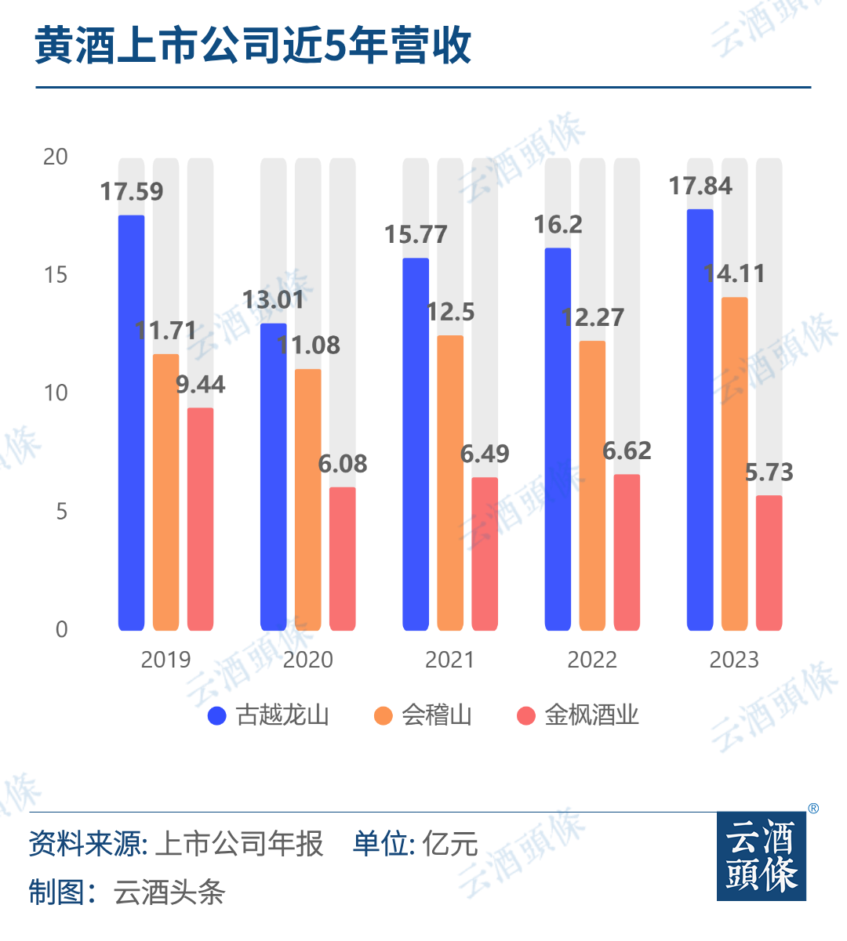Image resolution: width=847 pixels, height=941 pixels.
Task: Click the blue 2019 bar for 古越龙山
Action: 132,423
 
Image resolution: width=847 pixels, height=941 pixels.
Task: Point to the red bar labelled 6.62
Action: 627,552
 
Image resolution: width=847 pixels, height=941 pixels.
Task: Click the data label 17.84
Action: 700,186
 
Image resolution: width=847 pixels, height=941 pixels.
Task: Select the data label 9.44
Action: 200,385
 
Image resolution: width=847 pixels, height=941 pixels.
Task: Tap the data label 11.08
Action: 308,346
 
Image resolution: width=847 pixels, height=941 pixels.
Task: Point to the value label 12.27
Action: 593,318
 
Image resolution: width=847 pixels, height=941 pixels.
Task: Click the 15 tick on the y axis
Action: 56,275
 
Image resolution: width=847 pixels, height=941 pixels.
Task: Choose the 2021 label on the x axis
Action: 449,660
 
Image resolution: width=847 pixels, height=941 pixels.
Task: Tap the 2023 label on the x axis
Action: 734,660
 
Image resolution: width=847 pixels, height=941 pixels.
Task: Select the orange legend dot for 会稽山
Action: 384,715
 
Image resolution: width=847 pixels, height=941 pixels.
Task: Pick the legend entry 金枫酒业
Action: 591,715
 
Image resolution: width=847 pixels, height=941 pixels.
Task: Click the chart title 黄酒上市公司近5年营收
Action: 253,45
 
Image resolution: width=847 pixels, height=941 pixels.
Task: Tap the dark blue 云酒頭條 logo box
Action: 761,856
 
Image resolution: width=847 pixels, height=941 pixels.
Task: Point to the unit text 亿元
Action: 450,844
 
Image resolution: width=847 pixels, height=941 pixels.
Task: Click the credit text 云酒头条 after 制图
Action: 169,892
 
